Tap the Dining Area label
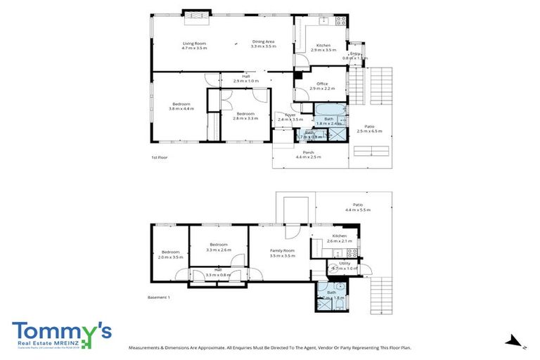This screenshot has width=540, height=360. [x=264, y=43]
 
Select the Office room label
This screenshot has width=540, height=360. [x=323, y=84]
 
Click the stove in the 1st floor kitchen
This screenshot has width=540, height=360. [x=340, y=20]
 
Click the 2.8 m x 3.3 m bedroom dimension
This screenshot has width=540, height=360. [x=245, y=118]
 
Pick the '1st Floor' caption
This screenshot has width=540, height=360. [x=159, y=157]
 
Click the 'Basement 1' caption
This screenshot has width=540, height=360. [x=159, y=297]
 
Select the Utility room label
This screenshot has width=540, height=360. [x=344, y=263]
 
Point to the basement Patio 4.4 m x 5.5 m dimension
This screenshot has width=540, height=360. [x=357, y=210]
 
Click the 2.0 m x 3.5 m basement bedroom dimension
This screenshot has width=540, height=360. [x=171, y=257]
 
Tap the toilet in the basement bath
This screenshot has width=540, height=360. [x=339, y=288]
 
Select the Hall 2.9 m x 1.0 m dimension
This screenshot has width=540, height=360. [x=246, y=81]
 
